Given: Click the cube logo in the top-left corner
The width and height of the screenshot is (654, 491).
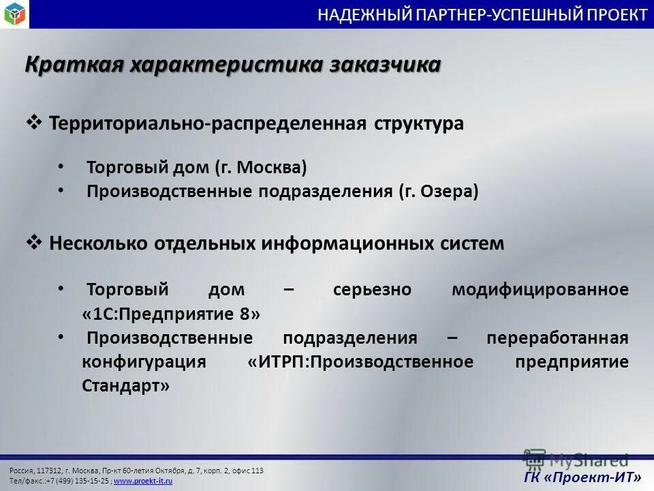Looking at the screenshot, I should pyautogui.click(x=14, y=14).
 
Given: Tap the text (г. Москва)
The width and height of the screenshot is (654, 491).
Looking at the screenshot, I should pyautogui.click(x=261, y=167).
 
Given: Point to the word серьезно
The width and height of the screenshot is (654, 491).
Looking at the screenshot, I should pyautogui.click(x=372, y=289).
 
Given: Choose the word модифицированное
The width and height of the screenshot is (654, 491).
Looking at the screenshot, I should pyautogui.click(x=540, y=289).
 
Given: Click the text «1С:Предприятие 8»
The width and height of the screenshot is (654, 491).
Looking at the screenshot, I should pyautogui.click(x=171, y=314).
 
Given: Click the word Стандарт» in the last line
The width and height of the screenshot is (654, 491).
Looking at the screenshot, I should pyautogui.click(x=126, y=385).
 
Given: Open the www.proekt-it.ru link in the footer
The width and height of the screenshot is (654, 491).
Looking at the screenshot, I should pyautogui.click(x=143, y=481).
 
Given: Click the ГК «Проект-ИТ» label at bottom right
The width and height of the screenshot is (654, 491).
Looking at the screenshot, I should pyautogui.click(x=582, y=477).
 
